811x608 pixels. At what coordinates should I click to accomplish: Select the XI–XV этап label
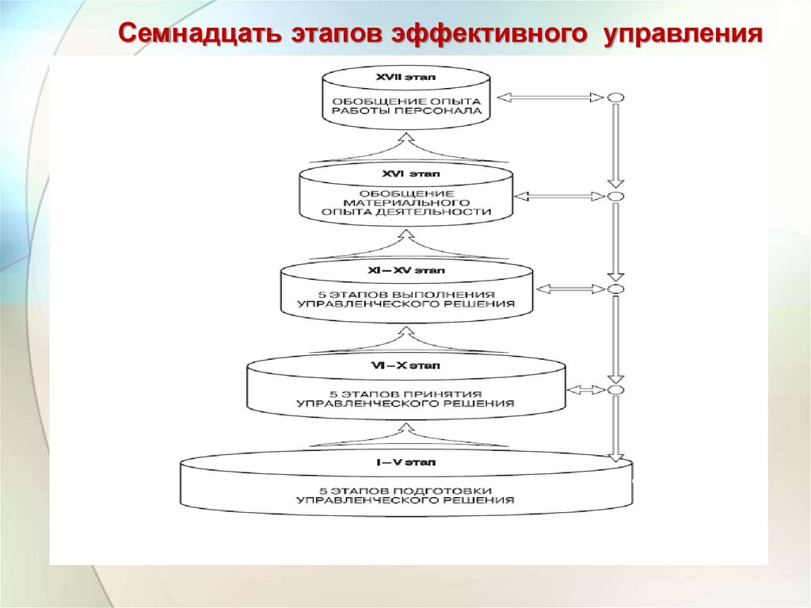405,270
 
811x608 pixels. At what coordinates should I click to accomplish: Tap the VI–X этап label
405,366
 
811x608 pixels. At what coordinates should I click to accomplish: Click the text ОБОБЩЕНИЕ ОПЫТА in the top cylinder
406,101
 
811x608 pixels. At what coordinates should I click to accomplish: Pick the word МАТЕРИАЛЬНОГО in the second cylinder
405,203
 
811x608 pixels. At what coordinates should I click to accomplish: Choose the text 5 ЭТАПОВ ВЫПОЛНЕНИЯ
405,294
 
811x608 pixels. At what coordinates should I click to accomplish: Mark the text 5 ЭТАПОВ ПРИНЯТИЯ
405,393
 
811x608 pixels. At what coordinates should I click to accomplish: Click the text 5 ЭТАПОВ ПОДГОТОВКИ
405,490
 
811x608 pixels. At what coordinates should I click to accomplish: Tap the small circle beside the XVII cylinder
615,98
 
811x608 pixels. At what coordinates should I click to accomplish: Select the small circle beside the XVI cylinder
615,196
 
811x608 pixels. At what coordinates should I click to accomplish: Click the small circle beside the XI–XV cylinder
615,289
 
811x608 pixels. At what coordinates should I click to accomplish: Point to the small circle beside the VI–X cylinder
615,390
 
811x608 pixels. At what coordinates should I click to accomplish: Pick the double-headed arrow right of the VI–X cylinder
587,390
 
